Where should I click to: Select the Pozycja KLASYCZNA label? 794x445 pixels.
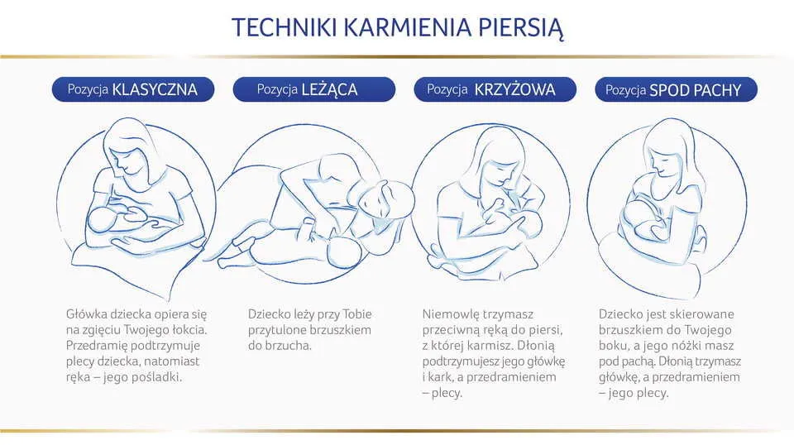pos(132,89)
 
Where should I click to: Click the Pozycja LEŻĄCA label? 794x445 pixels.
pos(313,89)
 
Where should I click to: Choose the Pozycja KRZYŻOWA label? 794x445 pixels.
pos(495,89)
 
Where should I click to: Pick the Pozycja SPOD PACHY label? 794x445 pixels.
pos(675,90)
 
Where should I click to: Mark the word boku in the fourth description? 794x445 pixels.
pos(614,346)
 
